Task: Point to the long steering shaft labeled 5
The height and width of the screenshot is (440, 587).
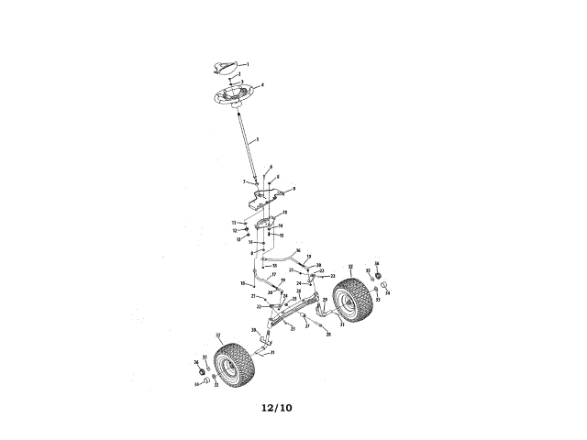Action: pos(248,143)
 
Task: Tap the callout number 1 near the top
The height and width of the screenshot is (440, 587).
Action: pos(247,63)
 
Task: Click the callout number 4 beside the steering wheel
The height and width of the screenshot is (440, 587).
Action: pos(263,85)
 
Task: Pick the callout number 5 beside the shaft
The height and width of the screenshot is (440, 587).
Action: pos(258,140)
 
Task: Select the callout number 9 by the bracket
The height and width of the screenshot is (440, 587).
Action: pos(293,188)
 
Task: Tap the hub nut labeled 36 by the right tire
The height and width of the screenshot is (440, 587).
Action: pos(376,272)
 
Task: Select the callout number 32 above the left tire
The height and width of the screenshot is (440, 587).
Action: pos(217,335)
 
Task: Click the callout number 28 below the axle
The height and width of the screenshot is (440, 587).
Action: pos(327,335)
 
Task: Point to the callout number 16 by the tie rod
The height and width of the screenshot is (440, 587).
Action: pos(298,249)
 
